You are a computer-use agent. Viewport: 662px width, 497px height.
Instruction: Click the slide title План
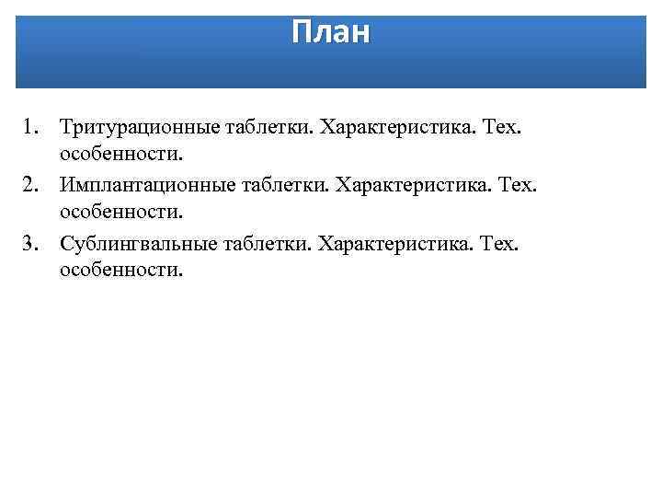(x=331, y=32)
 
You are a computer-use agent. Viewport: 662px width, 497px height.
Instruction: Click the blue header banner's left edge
(x=19, y=51)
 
